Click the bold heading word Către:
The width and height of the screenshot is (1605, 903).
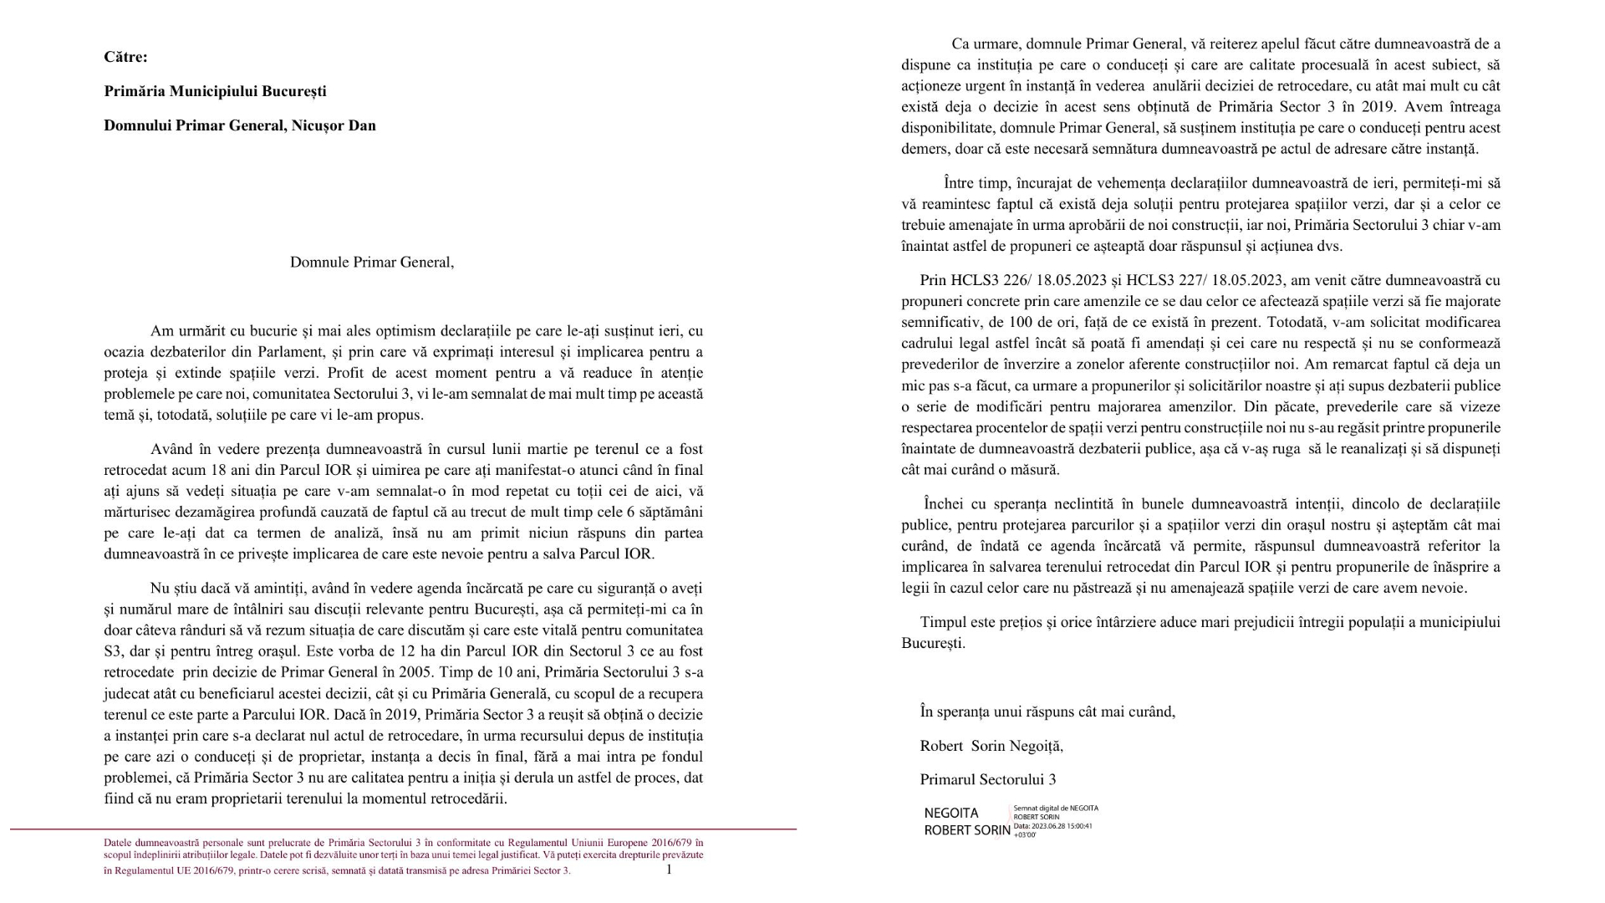[125, 57]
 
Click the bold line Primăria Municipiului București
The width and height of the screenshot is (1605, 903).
[215, 91]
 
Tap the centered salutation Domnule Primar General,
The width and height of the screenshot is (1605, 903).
[372, 262]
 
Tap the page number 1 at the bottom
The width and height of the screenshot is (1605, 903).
[669, 870]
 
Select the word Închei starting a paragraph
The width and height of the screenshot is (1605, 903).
[945, 504]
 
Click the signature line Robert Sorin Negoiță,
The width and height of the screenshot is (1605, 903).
[991, 746]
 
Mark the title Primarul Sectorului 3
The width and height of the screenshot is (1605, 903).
[987, 779]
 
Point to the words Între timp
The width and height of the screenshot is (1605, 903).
[976, 182]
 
